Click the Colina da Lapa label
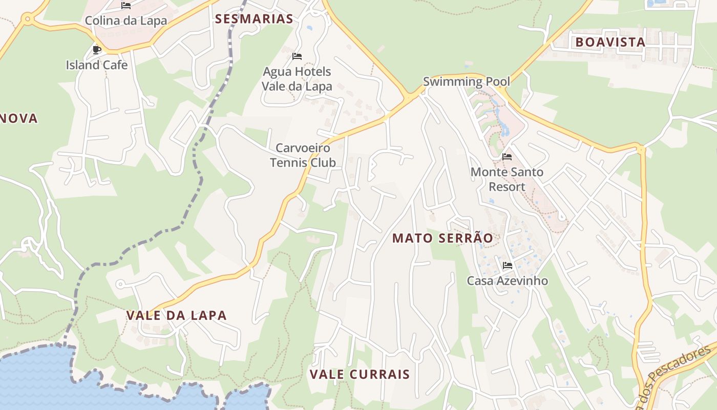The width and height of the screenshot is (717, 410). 125,20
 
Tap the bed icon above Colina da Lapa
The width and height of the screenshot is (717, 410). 126,6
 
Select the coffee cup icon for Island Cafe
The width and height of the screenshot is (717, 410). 96,50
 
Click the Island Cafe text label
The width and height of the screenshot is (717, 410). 96,65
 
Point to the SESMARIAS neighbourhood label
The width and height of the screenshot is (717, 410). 254,19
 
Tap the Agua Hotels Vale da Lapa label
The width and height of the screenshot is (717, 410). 297,79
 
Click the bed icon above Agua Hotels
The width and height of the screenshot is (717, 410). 297,56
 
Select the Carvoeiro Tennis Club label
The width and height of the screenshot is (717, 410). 303,155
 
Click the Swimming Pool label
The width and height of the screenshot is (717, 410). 466,81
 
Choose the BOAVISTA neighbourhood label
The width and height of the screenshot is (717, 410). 610,42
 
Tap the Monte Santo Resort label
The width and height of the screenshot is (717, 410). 507,179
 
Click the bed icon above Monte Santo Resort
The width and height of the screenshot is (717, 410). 507,156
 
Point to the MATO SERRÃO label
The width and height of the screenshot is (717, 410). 442,238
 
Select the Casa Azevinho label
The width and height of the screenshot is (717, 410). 507,281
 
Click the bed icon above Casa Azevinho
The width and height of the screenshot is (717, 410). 508,265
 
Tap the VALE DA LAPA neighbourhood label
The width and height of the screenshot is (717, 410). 176,315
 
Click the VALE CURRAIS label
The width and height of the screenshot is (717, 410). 360,374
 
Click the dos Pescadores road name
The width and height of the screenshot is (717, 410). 676,374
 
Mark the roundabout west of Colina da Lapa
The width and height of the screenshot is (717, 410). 27,19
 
